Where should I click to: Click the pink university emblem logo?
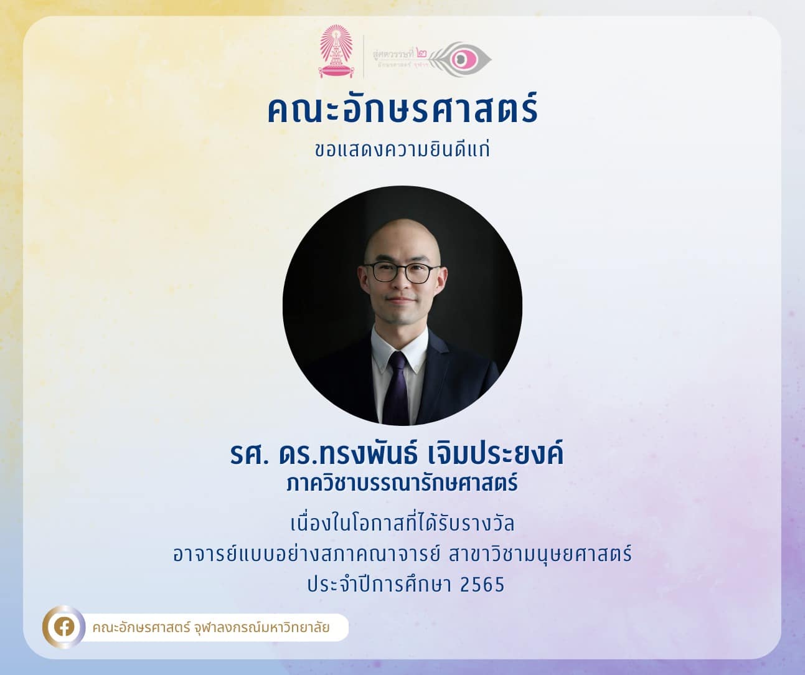[x=336, y=52]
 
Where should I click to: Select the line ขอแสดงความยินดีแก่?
[x=402, y=149]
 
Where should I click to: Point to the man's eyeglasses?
[x=402, y=272]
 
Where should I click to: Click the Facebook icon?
[x=64, y=627]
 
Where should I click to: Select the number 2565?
[x=483, y=584]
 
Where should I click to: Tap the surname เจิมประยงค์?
[x=496, y=453]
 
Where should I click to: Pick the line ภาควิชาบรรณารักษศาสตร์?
[x=402, y=483]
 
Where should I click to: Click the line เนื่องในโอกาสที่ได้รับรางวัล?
[x=402, y=524]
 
